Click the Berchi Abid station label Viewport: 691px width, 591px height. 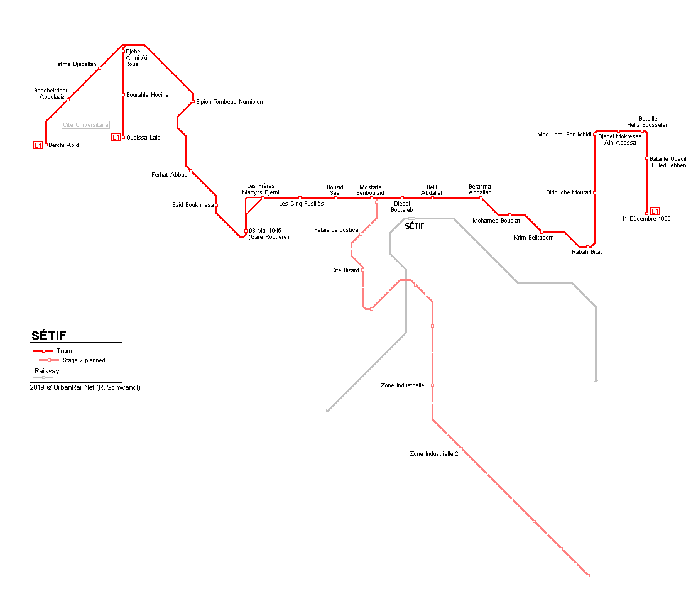(x=63, y=145)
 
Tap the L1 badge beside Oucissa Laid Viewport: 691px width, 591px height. (x=116, y=137)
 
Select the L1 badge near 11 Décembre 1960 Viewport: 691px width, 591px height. (x=655, y=211)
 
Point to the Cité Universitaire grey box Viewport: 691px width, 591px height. (x=85, y=124)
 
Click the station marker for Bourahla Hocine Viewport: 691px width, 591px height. (x=123, y=95)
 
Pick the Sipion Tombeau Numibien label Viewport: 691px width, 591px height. (x=229, y=102)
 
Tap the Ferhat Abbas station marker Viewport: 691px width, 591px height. (x=190, y=171)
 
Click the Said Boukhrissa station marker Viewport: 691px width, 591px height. (x=216, y=205)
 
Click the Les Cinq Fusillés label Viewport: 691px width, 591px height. (x=302, y=204)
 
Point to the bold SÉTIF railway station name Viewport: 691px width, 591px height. (x=415, y=226)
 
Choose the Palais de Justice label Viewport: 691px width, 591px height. (x=336, y=230)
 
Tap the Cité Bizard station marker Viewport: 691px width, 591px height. (x=362, y=270)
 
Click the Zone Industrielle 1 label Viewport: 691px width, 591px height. (x=405, y=385)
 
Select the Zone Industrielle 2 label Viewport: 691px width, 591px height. (x=433, y=453)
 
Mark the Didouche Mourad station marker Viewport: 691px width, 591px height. (x=594, y=192)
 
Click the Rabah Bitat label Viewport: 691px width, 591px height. (x=587, y=252)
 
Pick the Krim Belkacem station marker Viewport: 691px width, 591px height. (x=541, y=232)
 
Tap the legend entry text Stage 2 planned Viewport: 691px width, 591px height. (x=84, y=360)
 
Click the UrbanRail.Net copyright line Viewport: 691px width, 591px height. (x=85, y=387)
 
